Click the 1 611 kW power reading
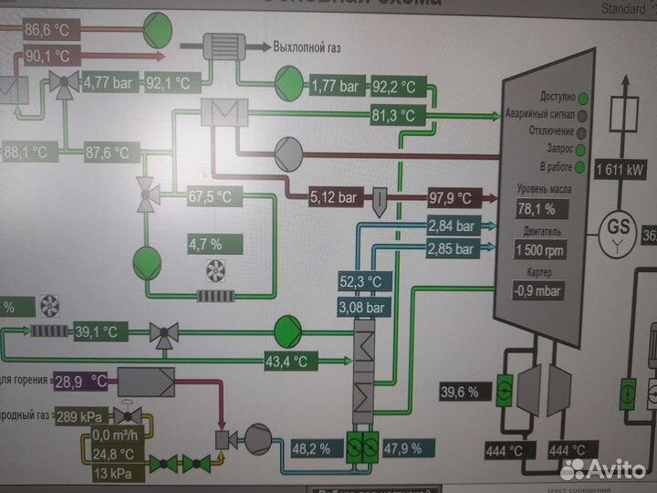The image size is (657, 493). (620, 170)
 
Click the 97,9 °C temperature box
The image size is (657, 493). (451, 197)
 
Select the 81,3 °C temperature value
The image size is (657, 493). (392, 116)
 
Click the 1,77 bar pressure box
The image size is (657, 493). (337, 88)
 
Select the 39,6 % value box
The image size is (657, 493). (459, 392)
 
